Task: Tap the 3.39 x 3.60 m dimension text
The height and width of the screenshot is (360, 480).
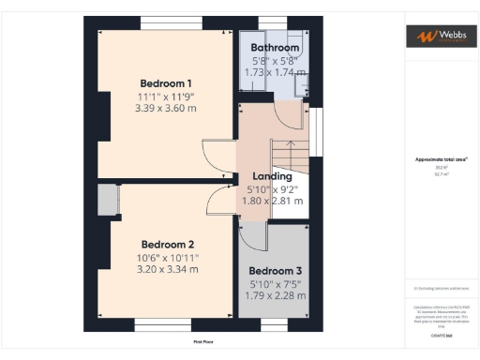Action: (x=165, y=108)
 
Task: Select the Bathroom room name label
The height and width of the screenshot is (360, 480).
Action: (x=276, y=47)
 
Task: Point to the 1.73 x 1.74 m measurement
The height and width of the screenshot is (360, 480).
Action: (x=276, y=71)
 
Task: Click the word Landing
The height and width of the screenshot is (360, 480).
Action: (x=273, y=175)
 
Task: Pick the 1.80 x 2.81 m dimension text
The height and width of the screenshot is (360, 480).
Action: (x=273, y=200)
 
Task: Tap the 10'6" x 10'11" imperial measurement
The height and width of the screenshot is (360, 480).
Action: (x=168, y=257)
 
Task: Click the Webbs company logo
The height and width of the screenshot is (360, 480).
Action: (x=437, y=37)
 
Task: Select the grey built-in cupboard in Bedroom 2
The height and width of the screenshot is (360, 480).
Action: (x=106, y=200)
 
